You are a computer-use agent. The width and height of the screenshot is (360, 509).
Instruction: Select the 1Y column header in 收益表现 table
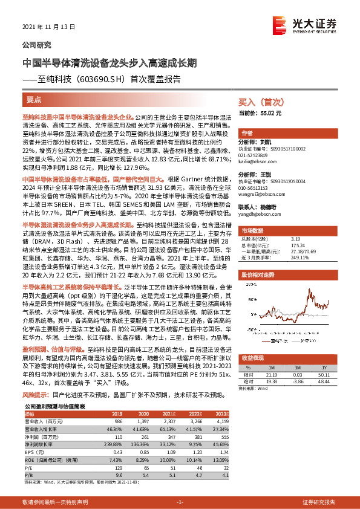[x=326, y=351]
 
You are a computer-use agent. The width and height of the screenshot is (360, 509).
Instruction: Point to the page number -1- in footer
[x=180, y=502]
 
